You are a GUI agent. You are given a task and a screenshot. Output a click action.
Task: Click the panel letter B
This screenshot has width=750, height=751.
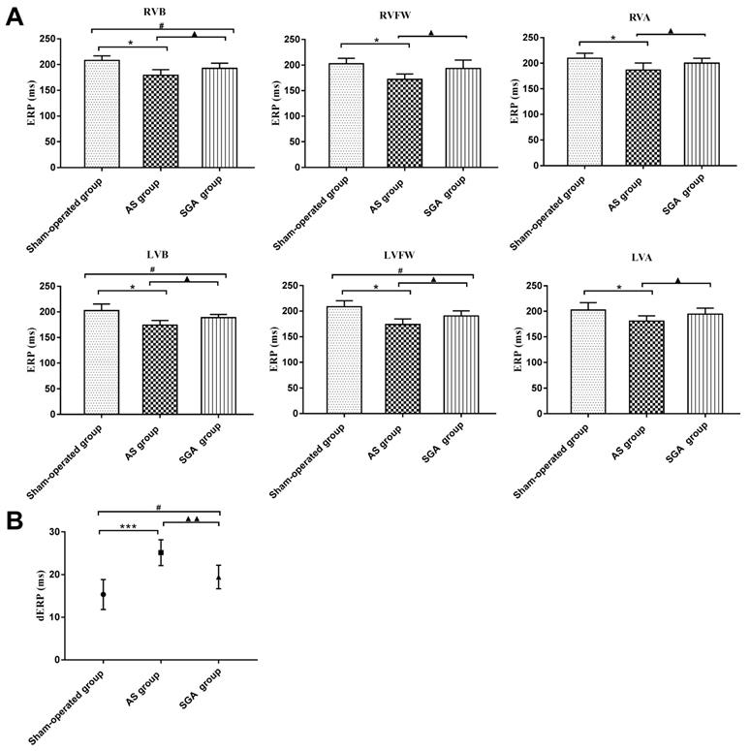pos(15,520)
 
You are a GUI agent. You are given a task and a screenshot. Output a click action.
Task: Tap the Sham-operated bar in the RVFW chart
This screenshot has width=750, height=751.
pos(346,115)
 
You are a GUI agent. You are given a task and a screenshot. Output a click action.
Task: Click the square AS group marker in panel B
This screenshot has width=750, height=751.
pos(161,552)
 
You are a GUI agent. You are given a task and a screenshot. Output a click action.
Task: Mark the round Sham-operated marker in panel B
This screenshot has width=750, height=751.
pos(103,594)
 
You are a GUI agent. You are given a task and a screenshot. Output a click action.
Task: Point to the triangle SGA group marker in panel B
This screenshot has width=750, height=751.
pos(219,579)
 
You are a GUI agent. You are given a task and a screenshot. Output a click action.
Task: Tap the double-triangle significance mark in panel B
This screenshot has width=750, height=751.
pos(192,518)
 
